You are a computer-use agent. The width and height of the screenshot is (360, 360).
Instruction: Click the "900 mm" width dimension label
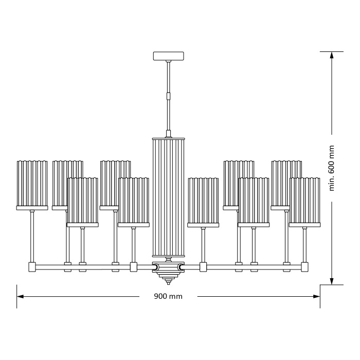[x=168, y=296]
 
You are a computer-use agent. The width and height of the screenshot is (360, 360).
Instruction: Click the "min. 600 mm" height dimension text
[x=332, y=168]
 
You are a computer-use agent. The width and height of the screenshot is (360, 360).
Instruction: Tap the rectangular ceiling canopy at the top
[x=168, y=56]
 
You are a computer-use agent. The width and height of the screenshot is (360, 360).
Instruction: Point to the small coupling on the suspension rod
[x=168, y=95]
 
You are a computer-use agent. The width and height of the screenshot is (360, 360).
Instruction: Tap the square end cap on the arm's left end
[x=32, y=267]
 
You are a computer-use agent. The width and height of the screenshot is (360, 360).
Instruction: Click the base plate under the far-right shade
[x=304, y=225]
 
